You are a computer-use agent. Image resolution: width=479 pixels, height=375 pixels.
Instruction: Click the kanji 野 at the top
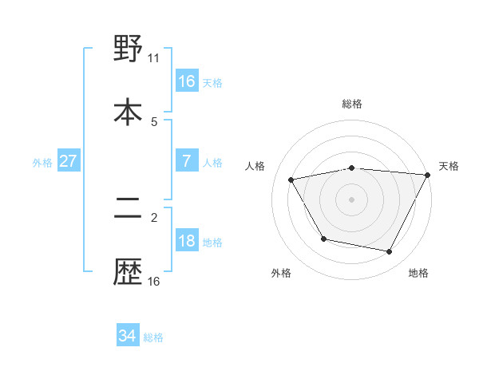[x=128, y=49]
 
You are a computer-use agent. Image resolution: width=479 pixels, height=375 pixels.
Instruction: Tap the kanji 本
[x=128, y=110]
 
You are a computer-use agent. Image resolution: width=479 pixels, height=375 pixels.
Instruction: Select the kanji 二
[x=128, y=209]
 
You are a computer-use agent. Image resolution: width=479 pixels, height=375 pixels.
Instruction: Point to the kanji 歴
[x=128, y=272]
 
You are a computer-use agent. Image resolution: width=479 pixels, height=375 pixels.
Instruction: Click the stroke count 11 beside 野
[x=154, y=58]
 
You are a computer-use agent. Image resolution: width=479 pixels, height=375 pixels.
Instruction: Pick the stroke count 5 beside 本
[x=154, y=121]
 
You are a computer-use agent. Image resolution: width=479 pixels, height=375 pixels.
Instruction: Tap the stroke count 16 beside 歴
[x=154, y=281]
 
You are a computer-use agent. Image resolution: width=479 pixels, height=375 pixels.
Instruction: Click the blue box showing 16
[x=187, y=81]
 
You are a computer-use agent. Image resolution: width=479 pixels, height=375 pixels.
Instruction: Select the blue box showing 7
[x=187, y=161]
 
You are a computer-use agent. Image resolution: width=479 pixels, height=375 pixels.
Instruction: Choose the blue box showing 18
[x=187, y=241]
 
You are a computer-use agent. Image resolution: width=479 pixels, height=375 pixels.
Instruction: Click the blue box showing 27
[x=68, y=161]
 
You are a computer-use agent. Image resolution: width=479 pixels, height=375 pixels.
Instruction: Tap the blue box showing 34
[x=128, y=336]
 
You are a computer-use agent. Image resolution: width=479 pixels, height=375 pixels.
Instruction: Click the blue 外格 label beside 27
[x=42, y=162]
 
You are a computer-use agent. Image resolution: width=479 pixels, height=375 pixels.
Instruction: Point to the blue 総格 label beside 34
[x=153, y=337]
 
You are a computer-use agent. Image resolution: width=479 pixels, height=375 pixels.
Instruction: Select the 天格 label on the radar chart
[x=449, y=166]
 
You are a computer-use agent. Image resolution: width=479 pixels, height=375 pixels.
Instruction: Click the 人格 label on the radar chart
[x=255, y=166]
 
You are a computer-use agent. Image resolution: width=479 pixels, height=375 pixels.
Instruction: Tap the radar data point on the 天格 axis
[x=427, y=175]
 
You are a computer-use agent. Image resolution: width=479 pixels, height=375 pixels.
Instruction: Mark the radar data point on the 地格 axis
[x=390, y=252]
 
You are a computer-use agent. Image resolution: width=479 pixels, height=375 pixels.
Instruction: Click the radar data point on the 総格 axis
[x=352, y=168]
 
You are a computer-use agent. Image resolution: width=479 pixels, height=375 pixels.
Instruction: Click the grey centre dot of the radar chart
[x=352, y=199]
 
